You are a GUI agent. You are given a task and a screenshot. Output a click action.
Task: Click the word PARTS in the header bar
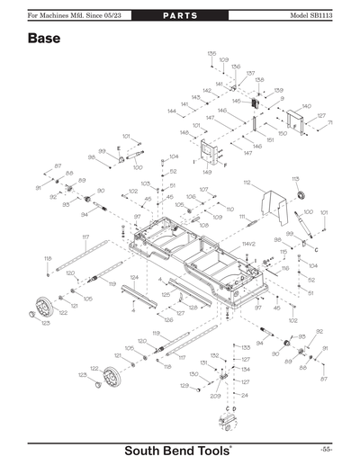click(x=179, y=17)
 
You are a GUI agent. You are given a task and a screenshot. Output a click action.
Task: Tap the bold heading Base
click(x=44, y=40)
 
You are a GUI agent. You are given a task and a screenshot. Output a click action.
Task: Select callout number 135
click(x=211, y=54)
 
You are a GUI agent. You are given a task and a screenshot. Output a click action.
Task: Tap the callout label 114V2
click(x=249, y=244)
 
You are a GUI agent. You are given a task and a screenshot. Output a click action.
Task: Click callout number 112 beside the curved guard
click(x=246, y=183)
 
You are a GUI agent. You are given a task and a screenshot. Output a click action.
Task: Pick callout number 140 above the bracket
click(x=306, y=106)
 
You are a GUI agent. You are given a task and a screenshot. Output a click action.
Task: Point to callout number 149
click(x=207, y=171)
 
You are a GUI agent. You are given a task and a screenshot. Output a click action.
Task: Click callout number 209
click(x=215, y=396)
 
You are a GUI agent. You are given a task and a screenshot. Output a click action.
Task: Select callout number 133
click(x=245, y=347)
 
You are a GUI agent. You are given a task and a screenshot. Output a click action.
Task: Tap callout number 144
click(x=171, y=112)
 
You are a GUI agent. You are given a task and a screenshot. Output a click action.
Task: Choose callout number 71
click(x=329, y=122)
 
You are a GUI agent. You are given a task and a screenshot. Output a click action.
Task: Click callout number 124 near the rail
click(x=133, y=277)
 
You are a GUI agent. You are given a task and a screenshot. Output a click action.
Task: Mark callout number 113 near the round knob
click(x=295, y=179)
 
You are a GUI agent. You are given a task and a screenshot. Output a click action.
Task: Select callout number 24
click(x=244, y=395)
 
